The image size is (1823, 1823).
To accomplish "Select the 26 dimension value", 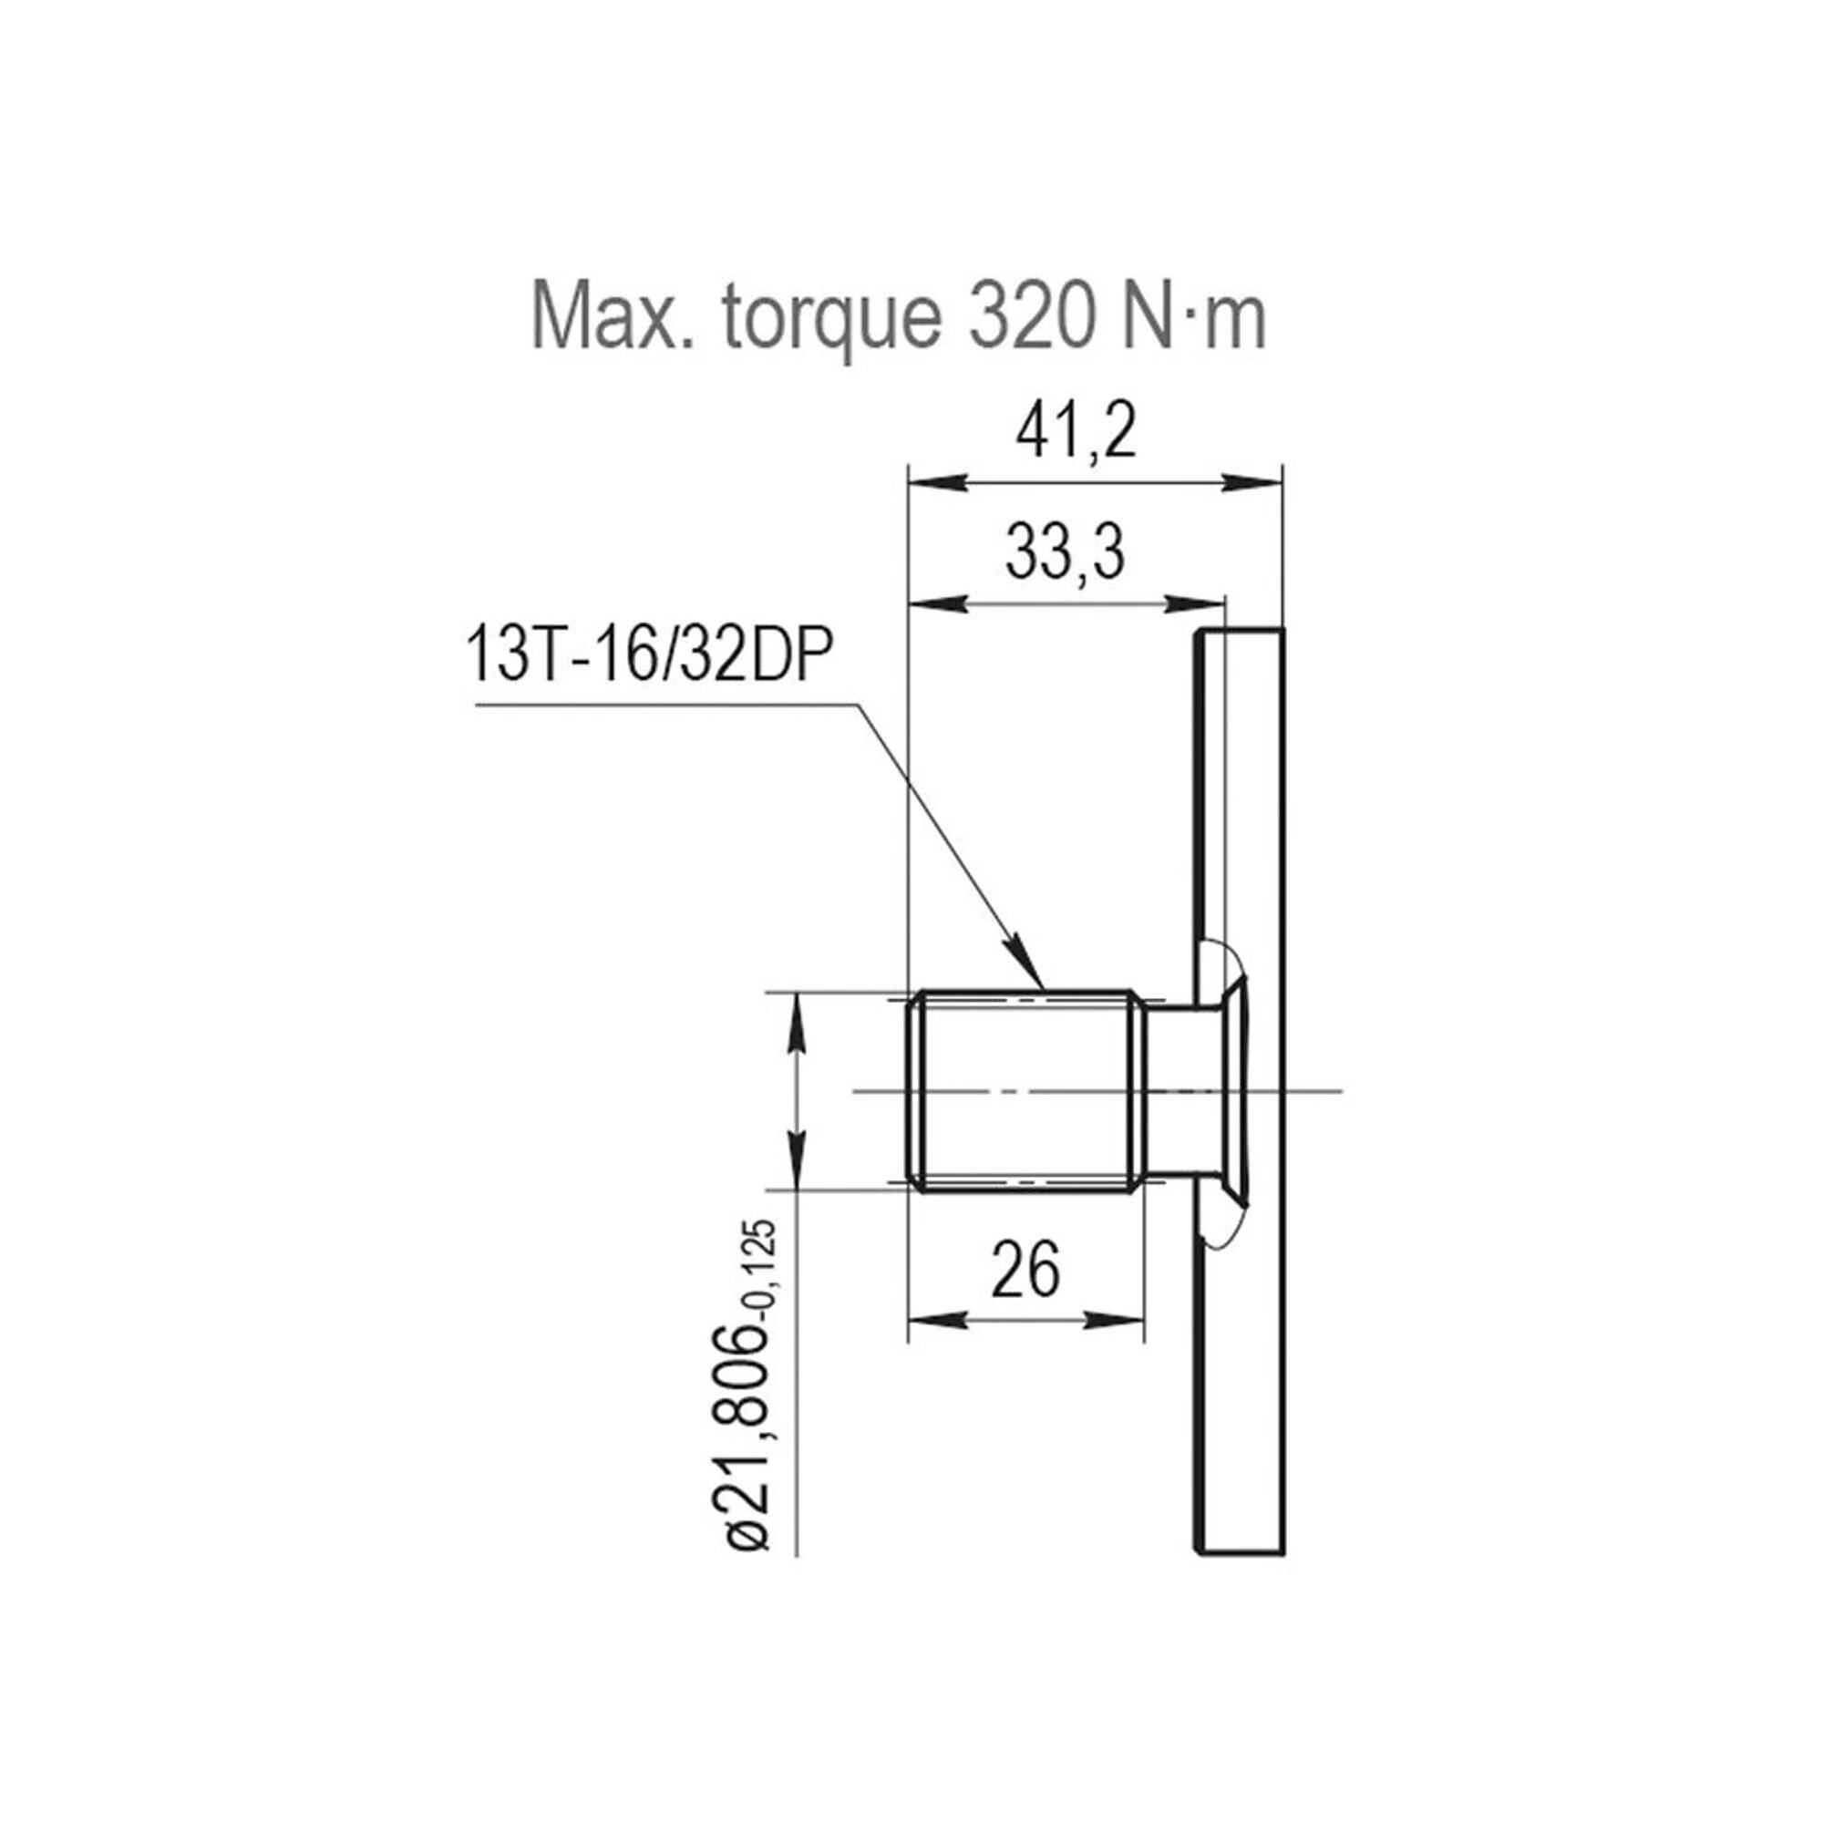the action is point(1026,1270).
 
